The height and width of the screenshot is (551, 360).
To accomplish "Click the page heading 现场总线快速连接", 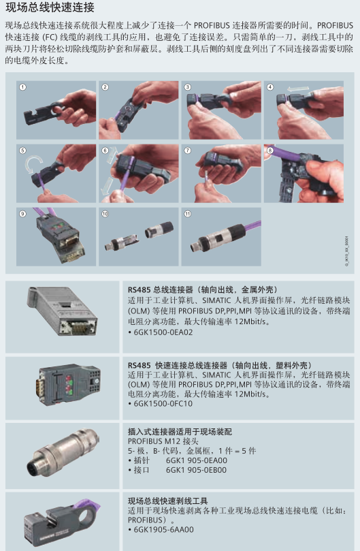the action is (50, 7).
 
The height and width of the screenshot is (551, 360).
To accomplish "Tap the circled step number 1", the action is (23, 87).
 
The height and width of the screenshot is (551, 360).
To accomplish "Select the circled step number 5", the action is (23, 151).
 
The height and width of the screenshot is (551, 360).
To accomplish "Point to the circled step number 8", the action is (270, 151).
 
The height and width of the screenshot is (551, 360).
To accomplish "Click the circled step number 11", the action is (188, 214).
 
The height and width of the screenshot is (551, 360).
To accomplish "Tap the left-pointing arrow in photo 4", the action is (298, 89).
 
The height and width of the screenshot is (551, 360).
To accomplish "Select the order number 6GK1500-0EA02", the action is (163, 332).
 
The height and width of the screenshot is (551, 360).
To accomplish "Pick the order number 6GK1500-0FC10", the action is (163, 403).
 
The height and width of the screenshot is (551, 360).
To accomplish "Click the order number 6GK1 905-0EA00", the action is (196, 460).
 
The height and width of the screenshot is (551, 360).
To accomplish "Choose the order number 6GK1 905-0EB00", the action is (196, 470).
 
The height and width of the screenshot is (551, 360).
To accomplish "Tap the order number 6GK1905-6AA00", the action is (164, 530).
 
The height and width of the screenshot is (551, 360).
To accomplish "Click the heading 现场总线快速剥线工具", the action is (167, 501).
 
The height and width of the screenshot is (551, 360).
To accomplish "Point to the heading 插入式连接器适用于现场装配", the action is (180, 432).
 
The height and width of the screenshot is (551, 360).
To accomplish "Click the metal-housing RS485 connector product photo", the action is (62, 311).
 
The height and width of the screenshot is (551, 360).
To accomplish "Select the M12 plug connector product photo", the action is (63, 452).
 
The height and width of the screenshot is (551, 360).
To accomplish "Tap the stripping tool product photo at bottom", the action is (62, 522).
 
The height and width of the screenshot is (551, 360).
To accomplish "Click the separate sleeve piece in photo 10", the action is (159, 229).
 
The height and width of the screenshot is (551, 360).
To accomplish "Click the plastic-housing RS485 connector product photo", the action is (69, 384).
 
